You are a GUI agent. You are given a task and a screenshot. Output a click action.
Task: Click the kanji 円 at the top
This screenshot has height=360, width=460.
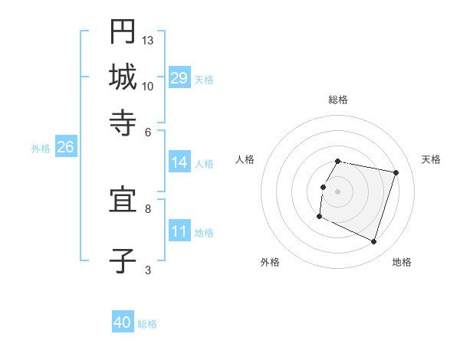(123, 33)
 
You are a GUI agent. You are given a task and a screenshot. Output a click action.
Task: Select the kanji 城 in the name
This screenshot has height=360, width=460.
(123, 77)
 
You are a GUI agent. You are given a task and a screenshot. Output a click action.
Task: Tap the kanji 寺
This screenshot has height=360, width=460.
(123, 122)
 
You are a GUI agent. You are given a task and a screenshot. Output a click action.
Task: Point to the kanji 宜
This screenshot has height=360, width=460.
(123, 201)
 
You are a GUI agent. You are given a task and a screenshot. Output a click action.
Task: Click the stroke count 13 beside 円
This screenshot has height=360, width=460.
(148, 40)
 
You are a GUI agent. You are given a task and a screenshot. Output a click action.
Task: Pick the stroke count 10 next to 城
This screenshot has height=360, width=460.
(148, 86)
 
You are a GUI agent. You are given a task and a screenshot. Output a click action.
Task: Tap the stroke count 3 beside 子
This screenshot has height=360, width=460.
(148, 270)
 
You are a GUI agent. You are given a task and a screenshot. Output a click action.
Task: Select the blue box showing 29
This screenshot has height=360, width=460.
(179, 78)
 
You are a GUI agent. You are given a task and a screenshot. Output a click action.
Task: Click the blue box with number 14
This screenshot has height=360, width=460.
(179, 162)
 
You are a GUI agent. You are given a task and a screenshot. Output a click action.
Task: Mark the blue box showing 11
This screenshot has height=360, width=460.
(179, 231)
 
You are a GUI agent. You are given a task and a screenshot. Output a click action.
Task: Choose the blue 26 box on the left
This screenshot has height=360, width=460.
(65, 147)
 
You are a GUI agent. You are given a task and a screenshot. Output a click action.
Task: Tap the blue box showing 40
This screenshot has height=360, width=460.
(123, 322)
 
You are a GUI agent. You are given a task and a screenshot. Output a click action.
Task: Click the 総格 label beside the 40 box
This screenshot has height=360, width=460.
(147, 324)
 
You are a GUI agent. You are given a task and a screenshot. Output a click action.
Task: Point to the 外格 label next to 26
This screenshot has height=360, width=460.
(40, 149)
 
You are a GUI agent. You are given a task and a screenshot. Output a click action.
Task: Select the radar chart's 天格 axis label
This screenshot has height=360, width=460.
(432, 159)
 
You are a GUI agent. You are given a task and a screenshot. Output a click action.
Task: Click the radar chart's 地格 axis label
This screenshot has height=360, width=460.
(402, 262)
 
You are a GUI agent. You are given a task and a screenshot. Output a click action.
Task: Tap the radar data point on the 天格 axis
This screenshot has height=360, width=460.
(396, 172)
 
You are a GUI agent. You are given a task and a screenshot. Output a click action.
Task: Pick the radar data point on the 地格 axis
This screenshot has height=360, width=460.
(373, 242)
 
